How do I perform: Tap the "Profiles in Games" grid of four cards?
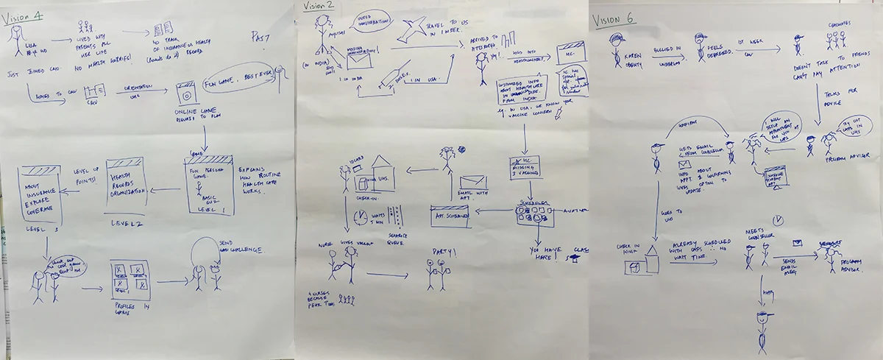click(x=130, y=278)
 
